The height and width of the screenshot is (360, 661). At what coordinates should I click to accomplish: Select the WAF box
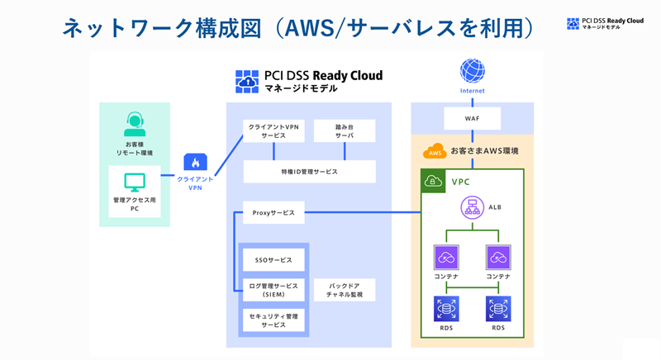click(x=473, y=118)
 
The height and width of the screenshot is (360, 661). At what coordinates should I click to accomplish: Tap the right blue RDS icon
click(x=498, y=309)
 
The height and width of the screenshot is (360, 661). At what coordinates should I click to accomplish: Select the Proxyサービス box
click(x=273, y=212)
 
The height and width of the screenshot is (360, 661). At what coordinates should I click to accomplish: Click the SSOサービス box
click(x=273, y=259)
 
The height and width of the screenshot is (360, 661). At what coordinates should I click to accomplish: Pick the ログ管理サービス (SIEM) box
click(x=273, y=289)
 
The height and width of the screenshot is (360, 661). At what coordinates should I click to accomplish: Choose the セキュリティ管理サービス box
click(x=273, y=320)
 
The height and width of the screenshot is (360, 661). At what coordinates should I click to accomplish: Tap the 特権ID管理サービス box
click(x=309, y=172)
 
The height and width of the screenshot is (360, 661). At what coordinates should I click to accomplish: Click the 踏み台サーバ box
click(x=345, y=130)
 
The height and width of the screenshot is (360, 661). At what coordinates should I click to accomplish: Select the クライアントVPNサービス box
click(x=273, y=130)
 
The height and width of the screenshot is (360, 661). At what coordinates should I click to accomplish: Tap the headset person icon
click(x=135, y=125)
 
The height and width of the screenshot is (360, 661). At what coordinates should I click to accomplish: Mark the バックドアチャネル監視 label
click(x=345, y=289)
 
